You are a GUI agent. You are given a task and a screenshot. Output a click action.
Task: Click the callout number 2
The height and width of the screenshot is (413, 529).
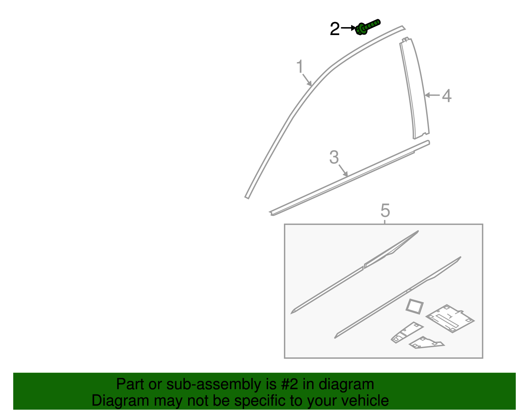tap(335, 29)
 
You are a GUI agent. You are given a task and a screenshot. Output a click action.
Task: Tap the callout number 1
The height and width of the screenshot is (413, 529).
tap(300, 67)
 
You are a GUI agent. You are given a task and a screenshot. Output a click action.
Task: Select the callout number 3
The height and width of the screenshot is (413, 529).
tap(334, 157)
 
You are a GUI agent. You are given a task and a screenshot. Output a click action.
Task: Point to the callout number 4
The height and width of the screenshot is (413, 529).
tap(447, 96)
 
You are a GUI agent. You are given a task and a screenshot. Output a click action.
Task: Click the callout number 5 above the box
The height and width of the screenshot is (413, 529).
tap(385, 210)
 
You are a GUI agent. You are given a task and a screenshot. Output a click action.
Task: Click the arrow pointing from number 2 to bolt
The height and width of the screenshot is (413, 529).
tap(348, 28)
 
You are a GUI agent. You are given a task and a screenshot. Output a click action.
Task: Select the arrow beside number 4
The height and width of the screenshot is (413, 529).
tap(432, 95)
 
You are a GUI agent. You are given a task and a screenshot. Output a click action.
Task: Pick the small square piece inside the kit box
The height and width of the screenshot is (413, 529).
tap(415, 306)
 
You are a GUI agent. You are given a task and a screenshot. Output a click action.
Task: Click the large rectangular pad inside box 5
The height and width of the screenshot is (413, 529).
tap(450, 318)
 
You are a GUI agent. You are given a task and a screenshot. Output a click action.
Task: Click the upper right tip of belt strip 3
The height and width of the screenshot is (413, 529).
tap(427, 143)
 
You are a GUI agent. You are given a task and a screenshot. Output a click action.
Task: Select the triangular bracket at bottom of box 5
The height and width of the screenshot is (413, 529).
tap(427, 343)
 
